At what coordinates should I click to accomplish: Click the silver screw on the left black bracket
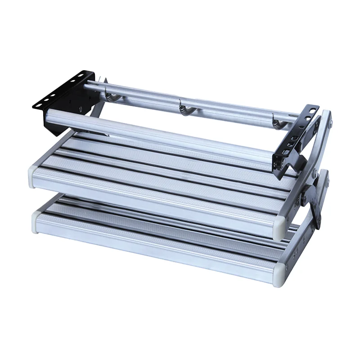(80, 108)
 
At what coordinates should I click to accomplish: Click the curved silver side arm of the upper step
(325, 135)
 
